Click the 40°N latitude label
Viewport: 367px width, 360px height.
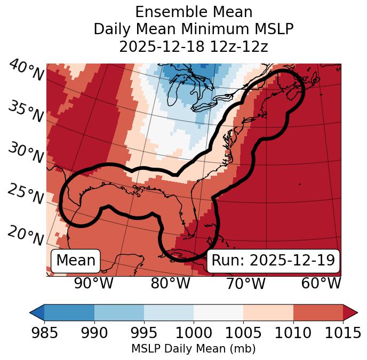26,71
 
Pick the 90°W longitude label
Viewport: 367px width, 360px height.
94,284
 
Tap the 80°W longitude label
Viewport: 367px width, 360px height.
170,284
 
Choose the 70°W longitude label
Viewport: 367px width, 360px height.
246,284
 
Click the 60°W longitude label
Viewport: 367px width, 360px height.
321,284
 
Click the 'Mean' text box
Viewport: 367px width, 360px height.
76,261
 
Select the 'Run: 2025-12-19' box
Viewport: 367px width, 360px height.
273,261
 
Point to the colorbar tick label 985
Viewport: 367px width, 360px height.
44,333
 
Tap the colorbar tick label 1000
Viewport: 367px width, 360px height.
194,333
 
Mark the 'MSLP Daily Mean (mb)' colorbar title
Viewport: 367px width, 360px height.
193,349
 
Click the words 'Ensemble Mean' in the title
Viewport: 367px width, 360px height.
193,12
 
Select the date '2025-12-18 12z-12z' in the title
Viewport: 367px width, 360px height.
193,46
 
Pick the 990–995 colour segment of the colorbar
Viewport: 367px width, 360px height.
119,312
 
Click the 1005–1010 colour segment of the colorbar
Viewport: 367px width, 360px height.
268,312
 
